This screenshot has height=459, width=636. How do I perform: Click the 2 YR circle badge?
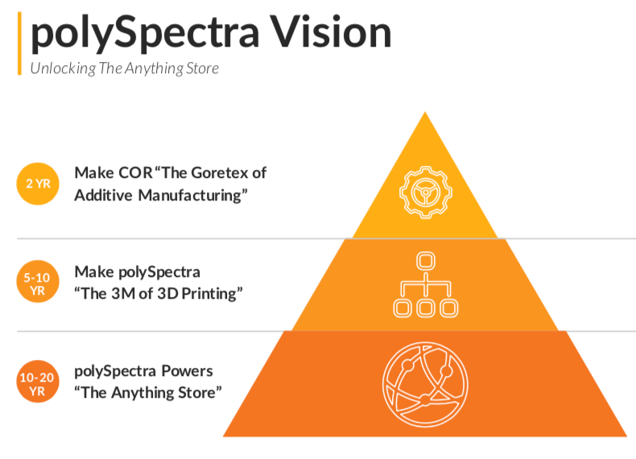pyautogui.click(x=38, y=184)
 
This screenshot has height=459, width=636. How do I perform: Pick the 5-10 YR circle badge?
pyautogui.click(x=38, y=283)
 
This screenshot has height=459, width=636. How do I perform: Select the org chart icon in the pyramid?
pyautogui.click(x=425, y=284)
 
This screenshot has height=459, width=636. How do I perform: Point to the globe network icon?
pyautogui.click(x=425, y=382)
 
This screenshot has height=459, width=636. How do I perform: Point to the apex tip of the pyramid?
pyautogui.click(x=425, y=113)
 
